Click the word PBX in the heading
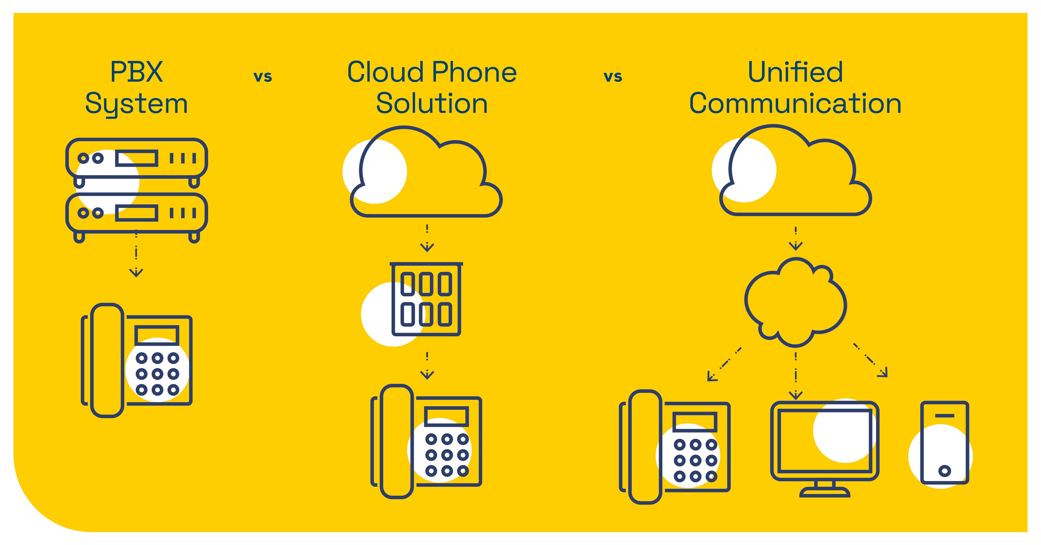pos(137,72)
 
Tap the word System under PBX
pos(137,104)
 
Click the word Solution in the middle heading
pos(432,104)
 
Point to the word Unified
pos(795,72)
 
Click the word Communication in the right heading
pos(795,104)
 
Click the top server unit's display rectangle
pos(137,158)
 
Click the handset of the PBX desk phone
pos(107,360)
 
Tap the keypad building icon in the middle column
pos(426,299)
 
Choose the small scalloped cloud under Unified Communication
pos(795,301)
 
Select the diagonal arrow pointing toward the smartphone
pos(871,361)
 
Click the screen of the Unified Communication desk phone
pos(695,422)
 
